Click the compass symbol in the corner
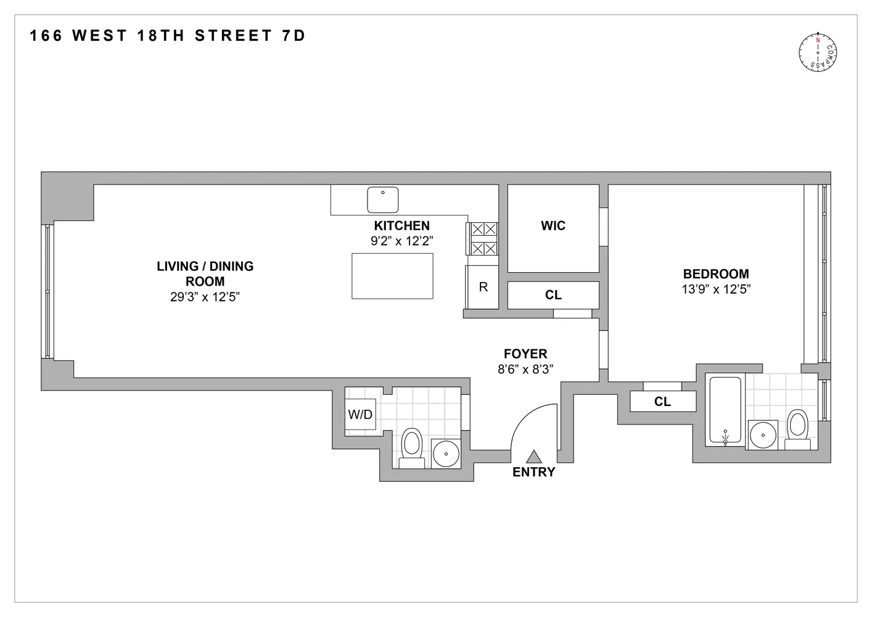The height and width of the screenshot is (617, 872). click(x=819, y=52)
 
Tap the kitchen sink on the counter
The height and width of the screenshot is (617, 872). click(x=383, y=200)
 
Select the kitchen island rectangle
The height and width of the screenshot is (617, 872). click(x=392, y=276)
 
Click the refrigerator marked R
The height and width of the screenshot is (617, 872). click(x=483, y=287)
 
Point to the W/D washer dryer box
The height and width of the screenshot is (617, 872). click(x=360, y=415)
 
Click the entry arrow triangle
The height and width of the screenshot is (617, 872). click(x=534, y=457)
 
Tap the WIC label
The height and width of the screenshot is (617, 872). click(x=553, y=226)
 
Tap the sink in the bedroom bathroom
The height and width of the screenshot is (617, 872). click(x=763, y=434)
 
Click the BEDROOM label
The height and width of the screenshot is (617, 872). click(x=716, y=274)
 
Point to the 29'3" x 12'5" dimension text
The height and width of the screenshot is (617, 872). click(x=205, y=297)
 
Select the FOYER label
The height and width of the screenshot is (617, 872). click(x=525, y=354)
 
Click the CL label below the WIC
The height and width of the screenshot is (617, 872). click(x=553, y=295)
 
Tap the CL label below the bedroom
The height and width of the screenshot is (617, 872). click(x=662, y=402)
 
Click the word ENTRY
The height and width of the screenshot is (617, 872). click(x=534, y=472)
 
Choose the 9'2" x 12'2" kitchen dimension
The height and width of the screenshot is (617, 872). click(x=402, y=241)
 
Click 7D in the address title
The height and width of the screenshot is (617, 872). click(x=294, y=36)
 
